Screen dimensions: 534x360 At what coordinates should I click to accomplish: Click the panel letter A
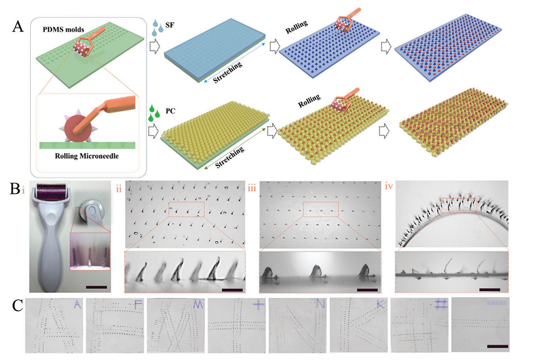18,27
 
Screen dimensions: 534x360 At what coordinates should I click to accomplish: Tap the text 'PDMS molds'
63,30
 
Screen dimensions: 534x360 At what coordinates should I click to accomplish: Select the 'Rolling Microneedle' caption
87,156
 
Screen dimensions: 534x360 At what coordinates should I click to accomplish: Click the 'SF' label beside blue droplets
169,25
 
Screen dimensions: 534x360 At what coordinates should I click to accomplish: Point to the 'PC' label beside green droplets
171,111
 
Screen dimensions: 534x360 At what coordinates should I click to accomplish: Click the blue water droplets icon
158,27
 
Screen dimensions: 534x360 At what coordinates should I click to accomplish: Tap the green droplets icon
154,113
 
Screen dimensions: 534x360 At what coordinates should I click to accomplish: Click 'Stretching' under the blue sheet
228,72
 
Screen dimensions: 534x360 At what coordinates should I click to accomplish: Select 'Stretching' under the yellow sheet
230,157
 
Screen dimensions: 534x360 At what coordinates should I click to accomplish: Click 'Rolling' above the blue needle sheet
296,27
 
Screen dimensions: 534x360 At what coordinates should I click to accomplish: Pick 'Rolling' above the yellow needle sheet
309,101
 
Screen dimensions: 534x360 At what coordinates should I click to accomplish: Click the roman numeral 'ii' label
119,188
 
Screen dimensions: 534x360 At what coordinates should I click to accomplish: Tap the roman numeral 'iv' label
389,186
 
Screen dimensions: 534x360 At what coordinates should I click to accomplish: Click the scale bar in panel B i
96,287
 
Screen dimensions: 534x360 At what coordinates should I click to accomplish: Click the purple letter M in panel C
198,305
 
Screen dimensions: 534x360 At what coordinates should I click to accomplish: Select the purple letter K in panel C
380,305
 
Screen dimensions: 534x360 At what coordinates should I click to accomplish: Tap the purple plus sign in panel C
258,304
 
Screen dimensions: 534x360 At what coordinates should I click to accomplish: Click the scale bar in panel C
498,347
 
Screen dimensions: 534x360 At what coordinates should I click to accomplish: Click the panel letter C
18,306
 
